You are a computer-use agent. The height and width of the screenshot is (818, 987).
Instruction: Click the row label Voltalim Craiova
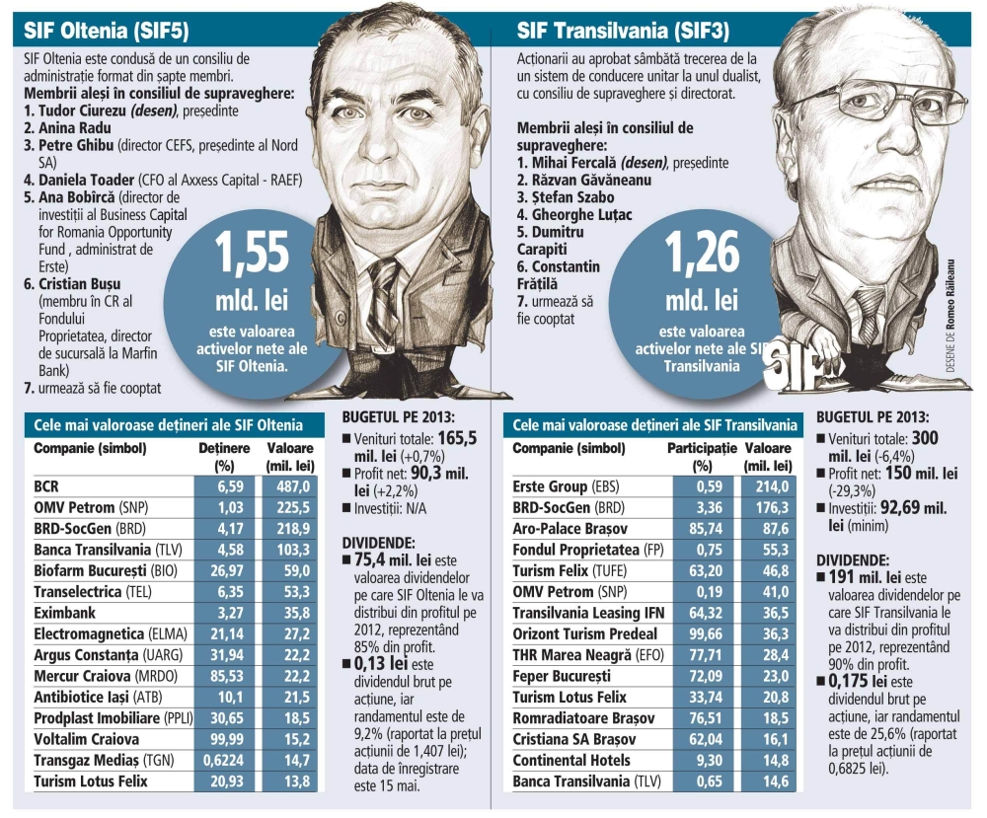(87, 738)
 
